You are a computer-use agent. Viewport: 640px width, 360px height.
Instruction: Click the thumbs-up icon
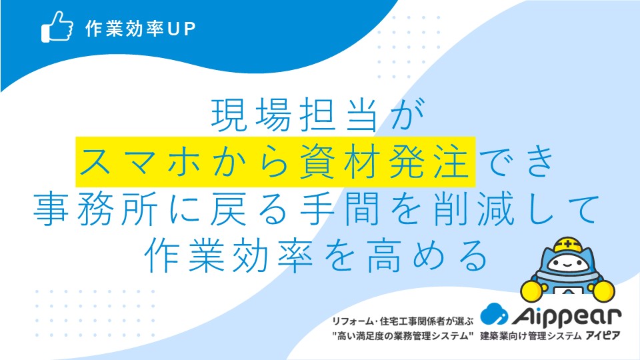tap(57, 27)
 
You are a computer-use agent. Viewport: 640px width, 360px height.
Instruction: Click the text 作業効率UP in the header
tap(141, 29)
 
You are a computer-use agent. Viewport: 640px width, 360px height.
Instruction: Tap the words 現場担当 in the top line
tap(294, 115)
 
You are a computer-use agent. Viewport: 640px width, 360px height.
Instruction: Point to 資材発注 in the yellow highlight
tap(384, 161)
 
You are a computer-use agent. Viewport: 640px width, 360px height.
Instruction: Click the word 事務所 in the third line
tap(95, 209)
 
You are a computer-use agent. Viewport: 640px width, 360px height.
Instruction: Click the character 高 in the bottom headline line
tap(384, 256)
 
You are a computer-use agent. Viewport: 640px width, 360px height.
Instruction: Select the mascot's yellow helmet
tap(567, 244)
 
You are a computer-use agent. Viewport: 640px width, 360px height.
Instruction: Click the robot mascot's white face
tap(567, 264)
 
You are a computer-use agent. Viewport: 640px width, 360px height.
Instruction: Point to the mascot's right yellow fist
tap(603, 291)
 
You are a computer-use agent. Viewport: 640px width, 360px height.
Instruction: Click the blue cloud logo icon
tap(494, 314)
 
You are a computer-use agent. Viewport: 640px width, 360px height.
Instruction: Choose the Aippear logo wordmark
tap(566, 316)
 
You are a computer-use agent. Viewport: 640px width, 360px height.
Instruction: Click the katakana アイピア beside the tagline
tap(603, 336)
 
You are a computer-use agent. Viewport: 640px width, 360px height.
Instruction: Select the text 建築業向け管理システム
tap(531, 336)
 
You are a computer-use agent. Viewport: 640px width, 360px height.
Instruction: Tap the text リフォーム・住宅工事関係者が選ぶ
tap(403, 321)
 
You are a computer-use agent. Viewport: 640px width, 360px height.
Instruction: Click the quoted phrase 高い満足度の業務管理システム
tap(403, 336)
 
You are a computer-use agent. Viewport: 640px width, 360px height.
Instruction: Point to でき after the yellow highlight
tap(516, 161)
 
